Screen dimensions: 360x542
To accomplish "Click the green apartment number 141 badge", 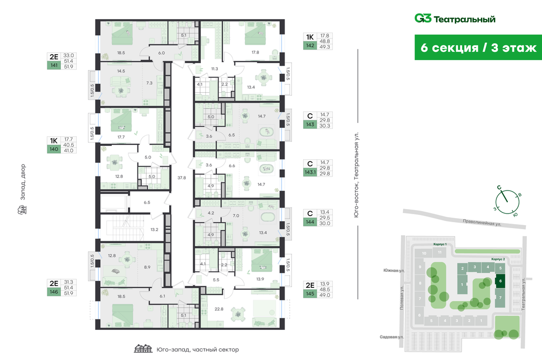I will [x=53, y=65].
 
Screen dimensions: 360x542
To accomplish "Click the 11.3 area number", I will [x=214, y=69].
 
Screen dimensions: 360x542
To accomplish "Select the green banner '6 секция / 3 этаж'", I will [x=478, y=48].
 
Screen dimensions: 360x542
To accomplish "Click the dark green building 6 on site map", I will [x=500, y=281].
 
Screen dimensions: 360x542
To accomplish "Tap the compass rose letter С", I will [x=499, y=187].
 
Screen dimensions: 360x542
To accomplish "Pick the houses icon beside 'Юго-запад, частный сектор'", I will [x=143, y=349].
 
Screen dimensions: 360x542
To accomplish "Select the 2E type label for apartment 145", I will [x=310, y=286].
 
